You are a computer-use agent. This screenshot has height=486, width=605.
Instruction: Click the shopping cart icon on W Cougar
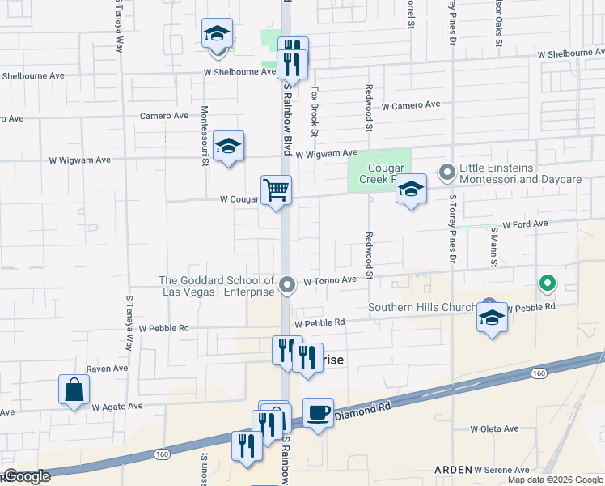[x=276, y=190]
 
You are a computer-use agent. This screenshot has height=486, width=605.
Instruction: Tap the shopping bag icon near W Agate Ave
[x=74, y=390]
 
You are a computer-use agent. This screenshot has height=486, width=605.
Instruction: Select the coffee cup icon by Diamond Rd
[x=318, y=413]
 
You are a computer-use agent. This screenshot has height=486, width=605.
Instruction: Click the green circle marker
[x=548, y=283]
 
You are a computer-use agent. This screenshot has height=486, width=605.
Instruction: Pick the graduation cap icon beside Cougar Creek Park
[x=411, y=190]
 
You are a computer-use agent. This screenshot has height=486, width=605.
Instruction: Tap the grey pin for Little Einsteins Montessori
[x=446, y=172]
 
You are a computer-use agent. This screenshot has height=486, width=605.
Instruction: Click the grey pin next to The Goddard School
[x=287, y=285]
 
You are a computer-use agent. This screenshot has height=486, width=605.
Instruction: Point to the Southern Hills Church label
[x=424, y=308]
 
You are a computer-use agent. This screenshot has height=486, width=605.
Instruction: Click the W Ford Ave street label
[x=525, y=224]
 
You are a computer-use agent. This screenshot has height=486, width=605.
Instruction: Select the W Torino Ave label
[x=330, y=280]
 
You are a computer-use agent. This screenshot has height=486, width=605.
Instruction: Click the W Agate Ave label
[x=117, y=407]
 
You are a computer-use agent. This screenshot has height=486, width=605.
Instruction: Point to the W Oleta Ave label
[x=494, y=429]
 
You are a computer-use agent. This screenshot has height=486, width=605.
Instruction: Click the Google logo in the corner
[x=27, y=477]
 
